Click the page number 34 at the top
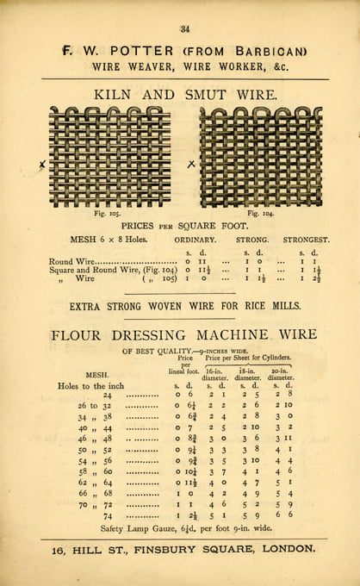click(184, 30)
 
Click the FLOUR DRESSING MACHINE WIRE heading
click(184, 334)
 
